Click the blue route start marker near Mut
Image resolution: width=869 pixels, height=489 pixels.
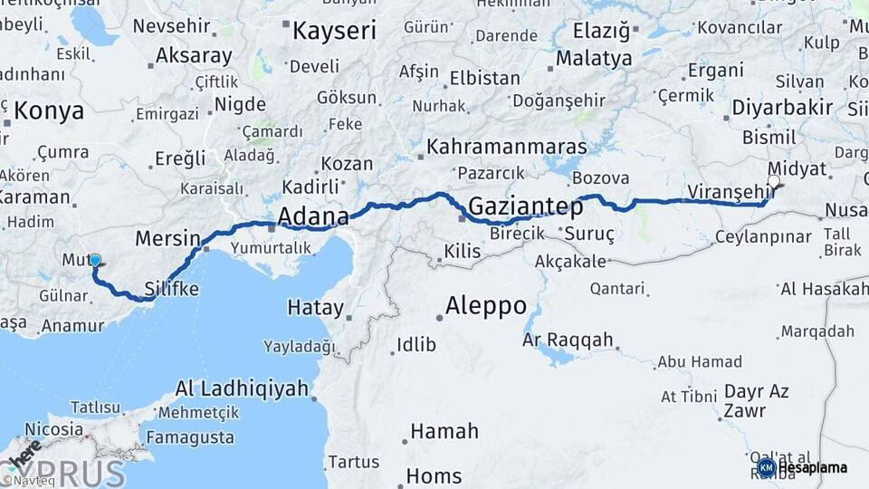coord(95,261)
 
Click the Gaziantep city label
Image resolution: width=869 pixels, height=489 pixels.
coord(525,206)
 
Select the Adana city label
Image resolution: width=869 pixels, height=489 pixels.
coord(313,216)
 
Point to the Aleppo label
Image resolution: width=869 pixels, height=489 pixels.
coord(486,305)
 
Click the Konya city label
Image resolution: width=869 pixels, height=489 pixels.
coord(49,111)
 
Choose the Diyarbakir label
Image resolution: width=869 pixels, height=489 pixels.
coord(782,107)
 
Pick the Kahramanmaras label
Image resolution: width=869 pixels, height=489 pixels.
coord(507,146)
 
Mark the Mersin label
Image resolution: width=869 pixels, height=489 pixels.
coord(167,239)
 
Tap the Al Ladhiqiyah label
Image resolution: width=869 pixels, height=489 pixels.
coord(242,389)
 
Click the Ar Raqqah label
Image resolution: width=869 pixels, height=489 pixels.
coord(568,340)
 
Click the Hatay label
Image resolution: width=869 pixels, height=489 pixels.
coord(315,308)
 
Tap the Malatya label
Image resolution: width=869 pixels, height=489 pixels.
coord(594,59)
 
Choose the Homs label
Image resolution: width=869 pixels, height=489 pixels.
coord(434,475)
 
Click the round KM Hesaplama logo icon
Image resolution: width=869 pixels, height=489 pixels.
coord(766,467)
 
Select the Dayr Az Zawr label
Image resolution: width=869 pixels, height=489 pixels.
coord(756,401)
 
